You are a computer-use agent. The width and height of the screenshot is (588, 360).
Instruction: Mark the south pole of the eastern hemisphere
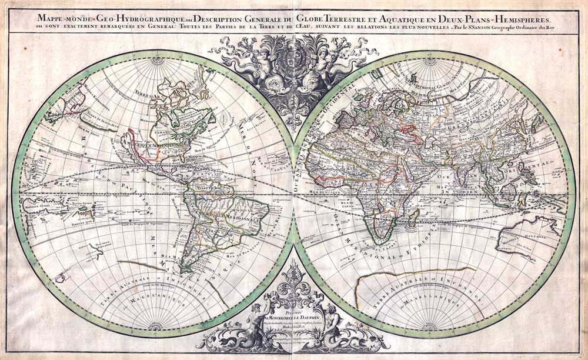(x=432, y=324)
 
